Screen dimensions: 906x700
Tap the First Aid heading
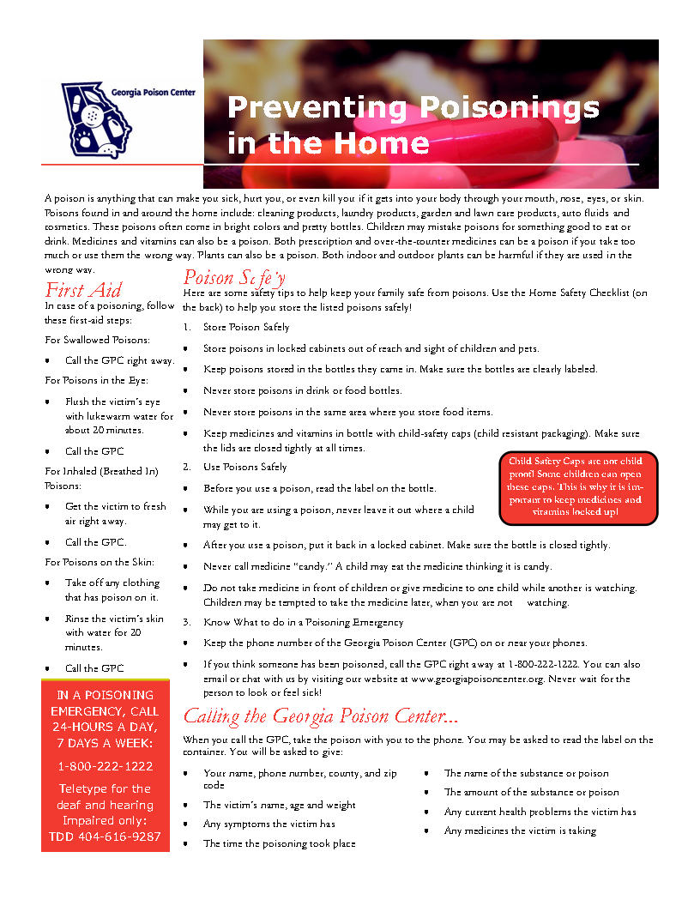[x=83, y=289]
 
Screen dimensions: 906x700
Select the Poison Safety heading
[x=234, y=277]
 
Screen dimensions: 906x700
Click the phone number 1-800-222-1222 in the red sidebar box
[x=106, y=765]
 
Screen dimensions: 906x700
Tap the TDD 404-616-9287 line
[x=106, y=837]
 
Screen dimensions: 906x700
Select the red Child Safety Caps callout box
[x=578, y=486]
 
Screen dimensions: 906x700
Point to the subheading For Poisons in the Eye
[x=96, y=379]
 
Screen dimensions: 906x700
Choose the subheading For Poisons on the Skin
[x=100, y=562]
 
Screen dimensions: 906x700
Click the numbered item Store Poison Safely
[x=246, y=327]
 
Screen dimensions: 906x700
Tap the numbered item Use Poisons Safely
[x=244, y=467]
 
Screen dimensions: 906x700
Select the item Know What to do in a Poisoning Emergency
[x=303, y=622]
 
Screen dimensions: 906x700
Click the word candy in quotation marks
[x=311, y=566]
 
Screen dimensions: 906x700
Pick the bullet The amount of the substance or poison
[x=531, y=792]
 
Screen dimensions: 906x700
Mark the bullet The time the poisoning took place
[x=279, y=843]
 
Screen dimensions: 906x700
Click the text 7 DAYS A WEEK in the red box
[x=106, y=742]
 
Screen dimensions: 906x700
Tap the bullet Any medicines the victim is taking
[x=520, y=830]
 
